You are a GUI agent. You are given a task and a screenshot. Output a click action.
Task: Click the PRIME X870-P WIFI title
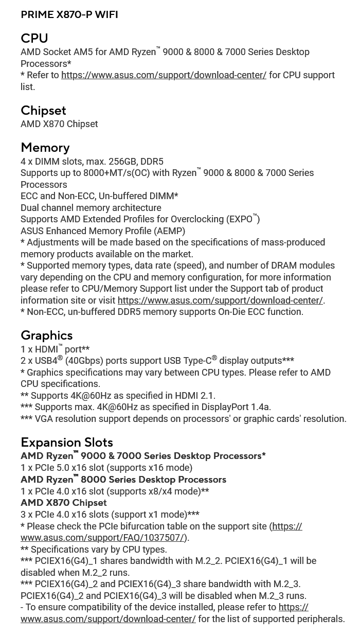click(x=69, y=15)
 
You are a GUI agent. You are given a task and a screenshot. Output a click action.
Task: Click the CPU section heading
click(x=34, y=39)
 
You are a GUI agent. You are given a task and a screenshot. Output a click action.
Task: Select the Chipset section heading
click(x=43, y=111)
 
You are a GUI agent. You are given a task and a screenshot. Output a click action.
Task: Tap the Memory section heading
click(x=45, y=148)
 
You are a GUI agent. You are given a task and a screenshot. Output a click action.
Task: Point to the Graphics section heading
click(x=46, y=335)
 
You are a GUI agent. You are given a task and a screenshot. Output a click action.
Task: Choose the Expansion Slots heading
click(x=67, y=443)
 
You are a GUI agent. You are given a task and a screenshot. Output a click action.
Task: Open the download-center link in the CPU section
click(x=164, y=75)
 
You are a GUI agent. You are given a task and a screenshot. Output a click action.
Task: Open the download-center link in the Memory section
click(x=220, y=301)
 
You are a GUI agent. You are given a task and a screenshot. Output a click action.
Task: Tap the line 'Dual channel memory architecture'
click(x=91, y=208)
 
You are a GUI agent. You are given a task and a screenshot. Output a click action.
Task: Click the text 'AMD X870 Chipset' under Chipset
click(x=59, y=124)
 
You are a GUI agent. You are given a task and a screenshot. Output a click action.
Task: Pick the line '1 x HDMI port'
click(x=55, y=349)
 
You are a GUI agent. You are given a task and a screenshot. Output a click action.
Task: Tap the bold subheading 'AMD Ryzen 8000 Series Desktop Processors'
click(x=123, y=480)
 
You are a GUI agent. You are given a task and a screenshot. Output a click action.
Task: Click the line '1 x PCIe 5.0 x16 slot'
click(x=106, y=468)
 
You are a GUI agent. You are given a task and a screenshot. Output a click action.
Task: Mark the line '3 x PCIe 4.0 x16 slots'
click(x=110, y=515)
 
